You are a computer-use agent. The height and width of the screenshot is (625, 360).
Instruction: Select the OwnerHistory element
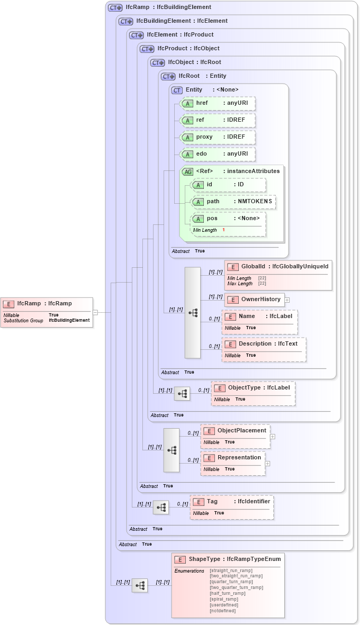(254, 300)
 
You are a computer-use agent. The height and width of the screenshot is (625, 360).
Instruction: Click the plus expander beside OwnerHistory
(287, 300)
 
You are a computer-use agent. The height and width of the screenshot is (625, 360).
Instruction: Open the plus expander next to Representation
(267, 464)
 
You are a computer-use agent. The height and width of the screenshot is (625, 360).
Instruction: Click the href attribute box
(218, 103)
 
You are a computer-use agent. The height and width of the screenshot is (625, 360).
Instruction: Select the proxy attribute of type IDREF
(218, 137)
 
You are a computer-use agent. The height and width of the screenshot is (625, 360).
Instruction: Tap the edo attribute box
(218, 154)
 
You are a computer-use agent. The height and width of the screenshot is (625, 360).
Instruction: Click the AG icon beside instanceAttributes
(187, 171)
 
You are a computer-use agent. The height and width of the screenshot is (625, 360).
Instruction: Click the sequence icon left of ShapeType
(140, 585)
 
